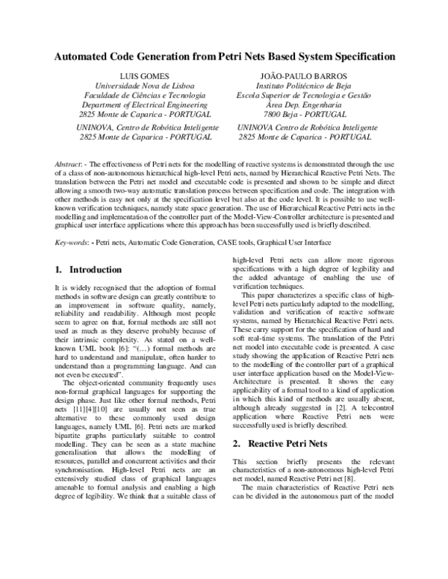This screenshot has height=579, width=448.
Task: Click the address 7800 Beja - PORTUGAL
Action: pos(302,115)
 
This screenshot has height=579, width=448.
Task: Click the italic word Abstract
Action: pos(72,163)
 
